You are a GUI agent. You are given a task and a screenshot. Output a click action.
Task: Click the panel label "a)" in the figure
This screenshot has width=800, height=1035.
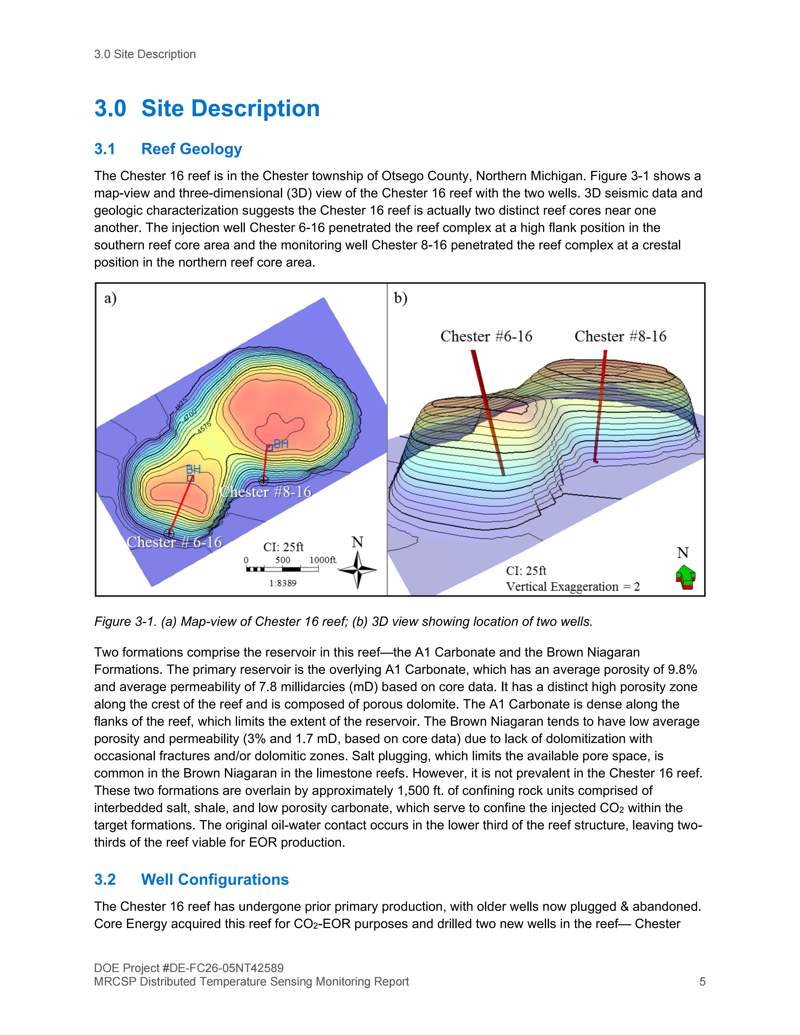111,298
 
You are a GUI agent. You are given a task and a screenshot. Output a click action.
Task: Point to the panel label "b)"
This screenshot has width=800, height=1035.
400,298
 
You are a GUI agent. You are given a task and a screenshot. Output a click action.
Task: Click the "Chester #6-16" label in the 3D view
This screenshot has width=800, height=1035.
486,336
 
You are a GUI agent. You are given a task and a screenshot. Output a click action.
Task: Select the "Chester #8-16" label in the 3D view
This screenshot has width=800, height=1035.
620,336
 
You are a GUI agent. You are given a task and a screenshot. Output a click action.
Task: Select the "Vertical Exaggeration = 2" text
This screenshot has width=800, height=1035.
573,587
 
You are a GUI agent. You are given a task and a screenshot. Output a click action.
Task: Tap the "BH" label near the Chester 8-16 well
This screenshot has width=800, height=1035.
281,444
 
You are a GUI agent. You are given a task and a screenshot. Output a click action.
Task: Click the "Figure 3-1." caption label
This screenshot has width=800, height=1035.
125,621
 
